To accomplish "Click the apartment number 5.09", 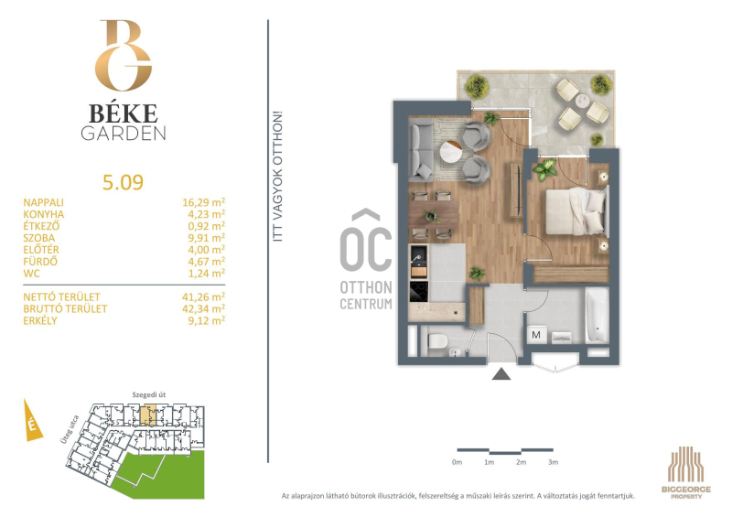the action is coord(123,182).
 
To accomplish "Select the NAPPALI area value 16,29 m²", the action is coord(203,202).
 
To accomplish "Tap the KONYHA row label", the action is coord(44,214).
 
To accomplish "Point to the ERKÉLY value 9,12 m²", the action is coord(207,320).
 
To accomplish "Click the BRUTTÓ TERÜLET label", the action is coord(65,308).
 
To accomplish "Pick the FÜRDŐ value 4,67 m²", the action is coord(207,262).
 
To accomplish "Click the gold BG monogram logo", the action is coord(124,55).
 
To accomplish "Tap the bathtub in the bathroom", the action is coord(597,316).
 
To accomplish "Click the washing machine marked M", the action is coord(536,335).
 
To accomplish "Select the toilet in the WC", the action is coord(437,341).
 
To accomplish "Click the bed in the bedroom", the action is coord(577,211).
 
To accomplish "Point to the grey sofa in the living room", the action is coord(420,149).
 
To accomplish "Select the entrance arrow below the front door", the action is coord(501,373).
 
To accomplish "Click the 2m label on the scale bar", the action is coord(521,462).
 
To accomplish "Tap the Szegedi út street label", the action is coord(148,394).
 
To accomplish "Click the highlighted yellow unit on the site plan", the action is coord(149,414).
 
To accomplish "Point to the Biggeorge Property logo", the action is coord(685,472).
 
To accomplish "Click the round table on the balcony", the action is coord(583,101).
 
